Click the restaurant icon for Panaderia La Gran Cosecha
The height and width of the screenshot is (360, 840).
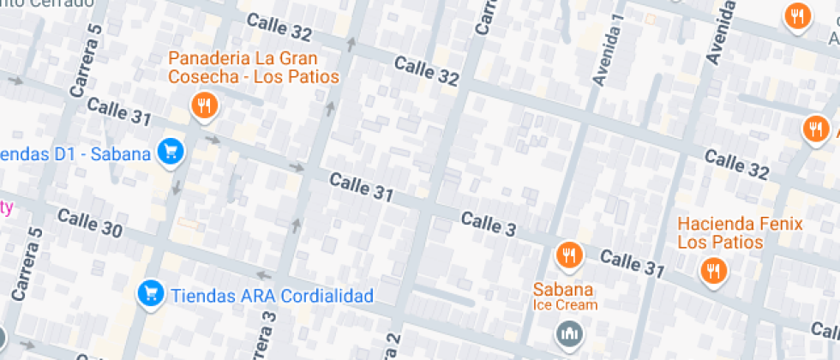[x=203, y=106]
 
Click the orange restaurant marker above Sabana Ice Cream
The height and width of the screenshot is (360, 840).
[x=567, y=255]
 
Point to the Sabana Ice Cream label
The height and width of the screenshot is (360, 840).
[x=564, y=296]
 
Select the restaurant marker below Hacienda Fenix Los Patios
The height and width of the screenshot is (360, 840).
[x=711, y=271]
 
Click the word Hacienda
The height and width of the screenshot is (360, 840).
[x=714, y=225]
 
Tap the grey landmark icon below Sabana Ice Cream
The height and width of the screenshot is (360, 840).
[x=567, y=333]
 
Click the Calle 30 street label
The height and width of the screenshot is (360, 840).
[x=90, y=223]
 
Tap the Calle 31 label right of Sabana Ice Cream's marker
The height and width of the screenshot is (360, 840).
[x=632, y=263]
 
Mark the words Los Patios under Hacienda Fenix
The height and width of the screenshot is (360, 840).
[x=720, y=243]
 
